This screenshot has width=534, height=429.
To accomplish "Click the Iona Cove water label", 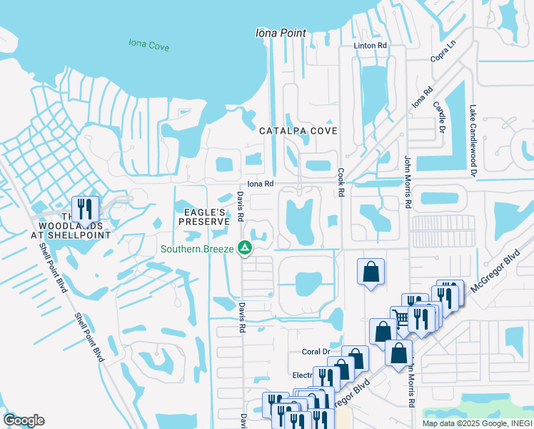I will click(x=148, y=44).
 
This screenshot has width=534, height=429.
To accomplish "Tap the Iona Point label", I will click(x=281, y=33).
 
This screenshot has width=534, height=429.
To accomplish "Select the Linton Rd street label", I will click(x=371, y=45).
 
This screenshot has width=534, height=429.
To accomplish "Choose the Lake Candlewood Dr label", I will click(x=473, y=141).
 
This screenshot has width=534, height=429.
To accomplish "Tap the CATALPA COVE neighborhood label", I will click(x=298, y=131).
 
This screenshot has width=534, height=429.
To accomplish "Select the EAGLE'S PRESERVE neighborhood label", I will click(x=203, y=217).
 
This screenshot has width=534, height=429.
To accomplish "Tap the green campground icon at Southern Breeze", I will click(x=245, y=249).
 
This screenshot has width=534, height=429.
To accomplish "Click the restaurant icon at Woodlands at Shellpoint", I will click(x=85, y=209).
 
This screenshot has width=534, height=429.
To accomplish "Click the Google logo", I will click(x=24, y=420).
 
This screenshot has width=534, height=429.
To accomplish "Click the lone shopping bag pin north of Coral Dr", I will click(x=371, y=272).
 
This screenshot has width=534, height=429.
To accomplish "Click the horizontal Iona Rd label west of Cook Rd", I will click(x=261, y=184).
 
